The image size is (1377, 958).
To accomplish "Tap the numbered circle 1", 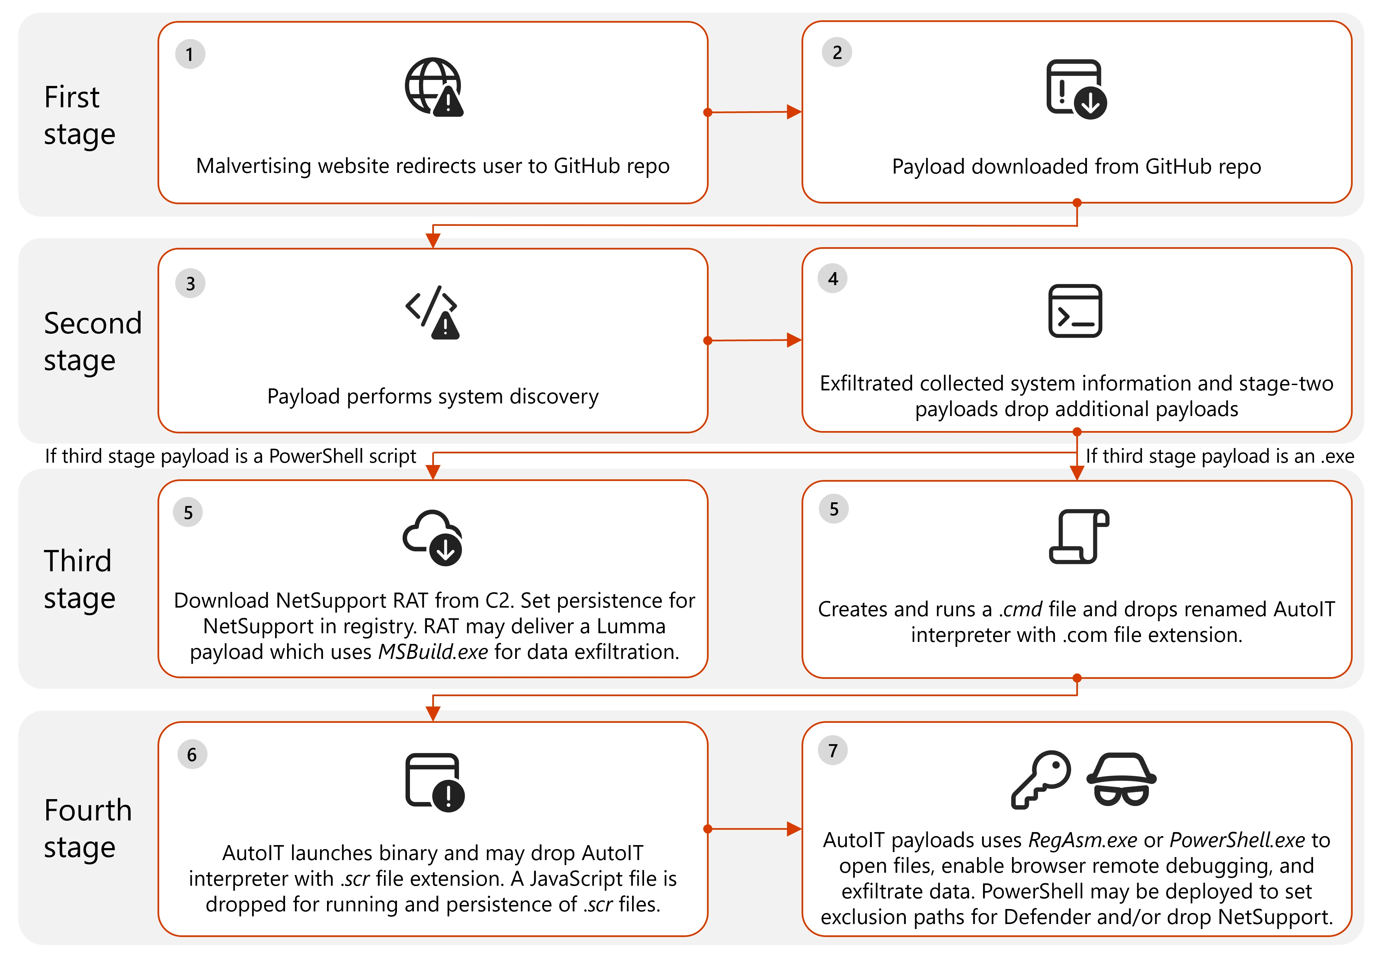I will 190,55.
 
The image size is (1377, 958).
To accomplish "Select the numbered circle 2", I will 837,53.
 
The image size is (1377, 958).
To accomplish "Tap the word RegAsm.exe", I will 1083,840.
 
